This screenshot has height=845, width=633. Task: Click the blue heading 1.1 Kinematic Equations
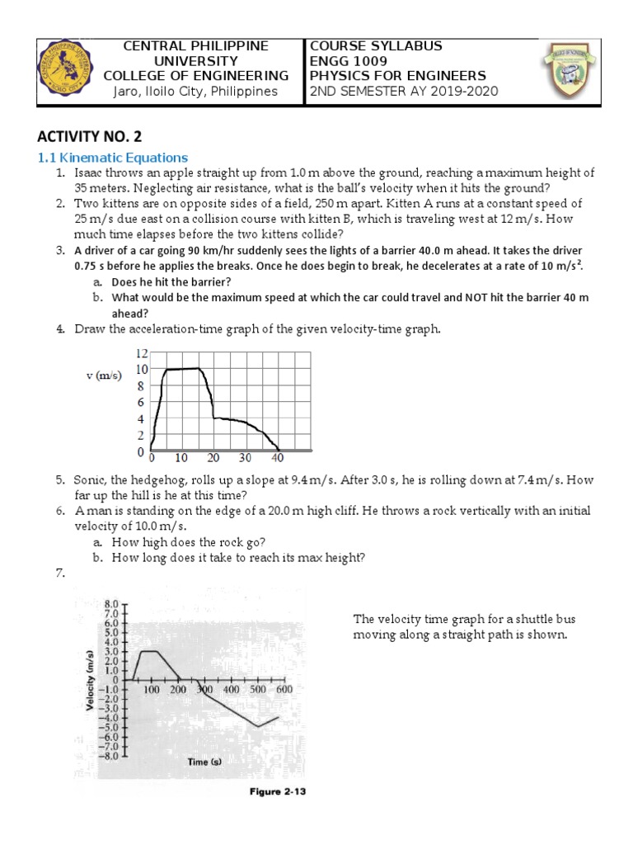tap(113, 158)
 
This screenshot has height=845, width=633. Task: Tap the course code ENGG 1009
tap(345, 61)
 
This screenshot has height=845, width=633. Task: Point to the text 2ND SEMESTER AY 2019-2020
tap(403, 91)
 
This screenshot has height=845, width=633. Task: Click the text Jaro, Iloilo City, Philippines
tap(195, 91)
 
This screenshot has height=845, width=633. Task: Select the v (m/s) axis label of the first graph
tap(104, 375)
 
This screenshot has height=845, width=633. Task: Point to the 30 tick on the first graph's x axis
tap(245, 458)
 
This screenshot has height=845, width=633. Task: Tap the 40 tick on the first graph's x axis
tap(278, 458)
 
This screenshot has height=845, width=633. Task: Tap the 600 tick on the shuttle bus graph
tap(284, 689)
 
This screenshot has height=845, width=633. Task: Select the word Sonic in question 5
tap(89, 479)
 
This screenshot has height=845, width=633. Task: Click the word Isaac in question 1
tap(89, 173)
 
